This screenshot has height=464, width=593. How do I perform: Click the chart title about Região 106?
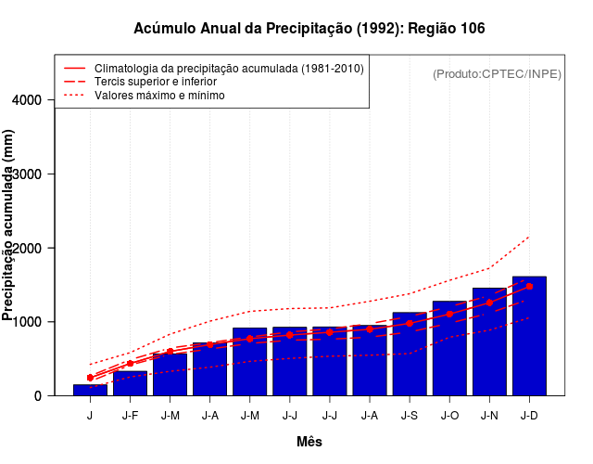(309, 29)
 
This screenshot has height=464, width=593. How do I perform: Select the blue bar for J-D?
(529, 336)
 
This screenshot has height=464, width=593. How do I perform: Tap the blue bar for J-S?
(410, 354)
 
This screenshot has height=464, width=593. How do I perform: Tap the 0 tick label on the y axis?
(38, 396)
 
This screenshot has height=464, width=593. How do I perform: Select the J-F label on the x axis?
(130, 416)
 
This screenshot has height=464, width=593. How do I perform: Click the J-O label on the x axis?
(449, 416)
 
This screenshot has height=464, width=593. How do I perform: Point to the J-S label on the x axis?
(410, 416)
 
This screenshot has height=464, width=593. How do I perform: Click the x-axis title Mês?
(309, 442)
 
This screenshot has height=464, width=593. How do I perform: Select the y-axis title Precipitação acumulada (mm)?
(9, 226)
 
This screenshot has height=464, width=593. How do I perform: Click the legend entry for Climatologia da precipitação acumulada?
(229, 69)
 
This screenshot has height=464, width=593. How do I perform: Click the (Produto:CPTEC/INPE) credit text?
(497, 73)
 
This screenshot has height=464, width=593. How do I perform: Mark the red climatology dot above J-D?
(529, 287)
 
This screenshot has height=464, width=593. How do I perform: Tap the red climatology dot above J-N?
(489, 303)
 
